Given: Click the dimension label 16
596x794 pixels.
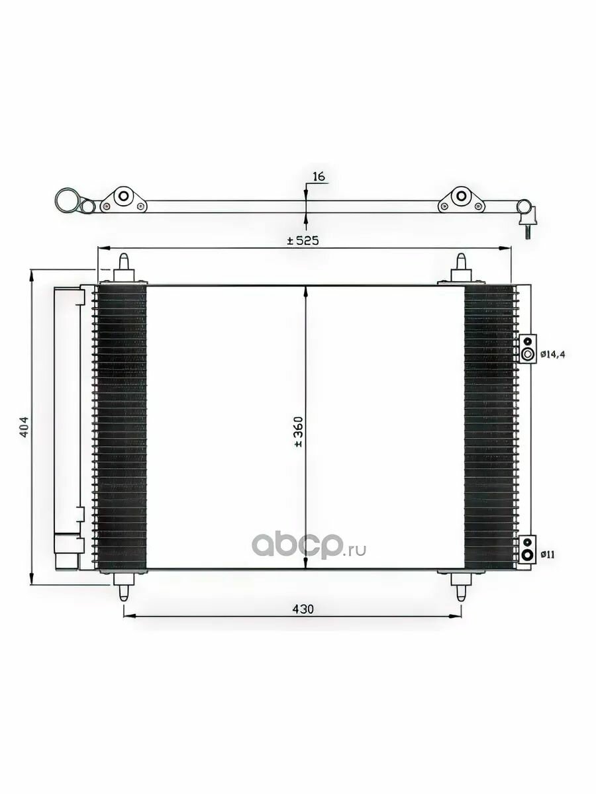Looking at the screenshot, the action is click(x=319, y=177).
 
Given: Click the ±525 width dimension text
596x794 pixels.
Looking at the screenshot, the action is click(x=303, y=240).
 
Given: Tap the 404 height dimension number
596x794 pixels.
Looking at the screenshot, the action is click(x=24, y=427).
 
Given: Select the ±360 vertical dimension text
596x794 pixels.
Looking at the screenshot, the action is click(x=299, y=432).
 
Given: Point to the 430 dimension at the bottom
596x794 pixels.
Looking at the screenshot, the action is click(x=303, y=609).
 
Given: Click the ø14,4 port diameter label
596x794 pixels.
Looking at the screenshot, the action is click(x=552, y=355).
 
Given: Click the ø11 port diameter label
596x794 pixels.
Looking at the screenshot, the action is click(x=548, y=554).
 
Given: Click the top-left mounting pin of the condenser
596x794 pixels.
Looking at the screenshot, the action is click(x=123, y=269).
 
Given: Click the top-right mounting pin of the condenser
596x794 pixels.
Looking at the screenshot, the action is click(x=461, y=269).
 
